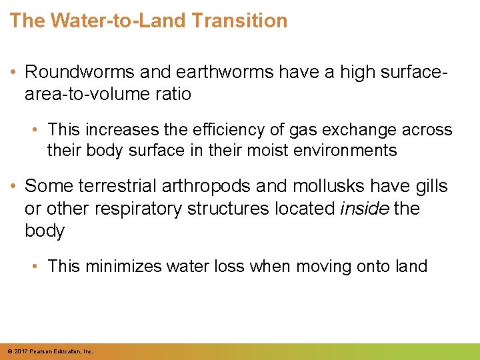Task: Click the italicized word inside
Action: point(364,208)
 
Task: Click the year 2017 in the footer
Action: point(19,351)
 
